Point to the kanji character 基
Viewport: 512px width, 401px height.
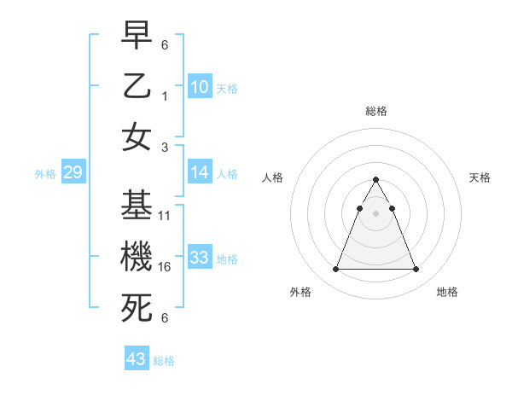pos(137,205)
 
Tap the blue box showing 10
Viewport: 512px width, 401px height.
pos(200,86)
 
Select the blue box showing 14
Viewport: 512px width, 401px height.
pos(200,173)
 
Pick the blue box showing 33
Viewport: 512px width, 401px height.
pos(200,258)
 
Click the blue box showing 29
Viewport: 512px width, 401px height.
pos(73,173)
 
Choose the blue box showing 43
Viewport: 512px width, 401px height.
pos(137,359)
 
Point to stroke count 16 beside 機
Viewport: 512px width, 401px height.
pos(166,267)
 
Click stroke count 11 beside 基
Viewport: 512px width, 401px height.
pos(166,216)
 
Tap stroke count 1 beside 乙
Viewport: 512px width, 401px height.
pos(166,96)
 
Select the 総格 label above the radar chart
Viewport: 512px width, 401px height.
pos(376,111)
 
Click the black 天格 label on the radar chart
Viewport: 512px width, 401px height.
pos(480,177)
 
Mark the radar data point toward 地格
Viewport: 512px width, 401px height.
pos(416,270)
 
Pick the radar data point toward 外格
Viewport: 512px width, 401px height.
pos(335,270)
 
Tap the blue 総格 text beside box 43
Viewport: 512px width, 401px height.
pos(164,361)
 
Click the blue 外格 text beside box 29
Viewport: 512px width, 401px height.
pos(45,174)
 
